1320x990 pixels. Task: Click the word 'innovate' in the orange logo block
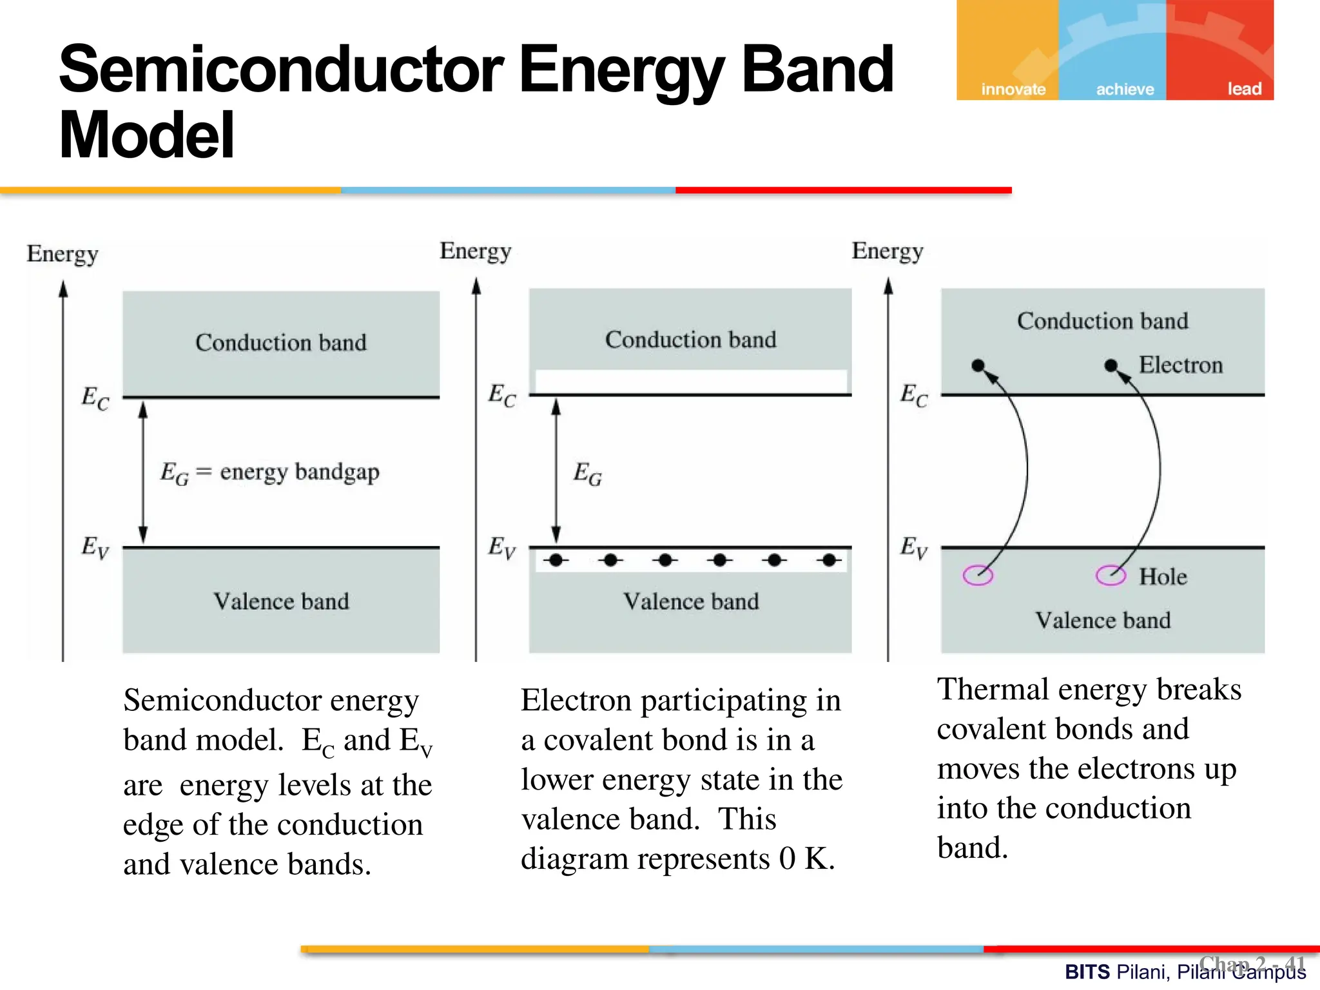click(1013, 89)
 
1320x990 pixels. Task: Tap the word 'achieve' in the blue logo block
click(1125, 89)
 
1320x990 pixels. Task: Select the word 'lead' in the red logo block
click(1243, 89)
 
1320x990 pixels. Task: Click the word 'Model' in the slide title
click(147, 135)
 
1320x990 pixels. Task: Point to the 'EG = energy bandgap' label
click(269, 472)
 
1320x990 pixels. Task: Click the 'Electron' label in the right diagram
click(1180, 365)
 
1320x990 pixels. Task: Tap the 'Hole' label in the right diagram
click(1162, 576)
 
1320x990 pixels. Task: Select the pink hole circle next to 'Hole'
click(1110, 574)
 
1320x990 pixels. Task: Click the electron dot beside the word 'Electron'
click(1111, 365)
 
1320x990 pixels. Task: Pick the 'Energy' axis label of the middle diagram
click(475, 251)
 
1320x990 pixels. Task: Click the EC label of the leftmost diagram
click(95, 398)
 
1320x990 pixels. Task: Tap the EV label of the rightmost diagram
click(913, 547)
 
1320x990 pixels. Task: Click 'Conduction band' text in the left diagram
click(281, 342)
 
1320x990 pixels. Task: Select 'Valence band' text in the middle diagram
click(691, 601)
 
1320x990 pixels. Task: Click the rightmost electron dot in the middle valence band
click(830, 560)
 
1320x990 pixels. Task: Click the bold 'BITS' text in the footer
click(1087, 972)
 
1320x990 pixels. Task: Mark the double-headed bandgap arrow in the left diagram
click(143, 472)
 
